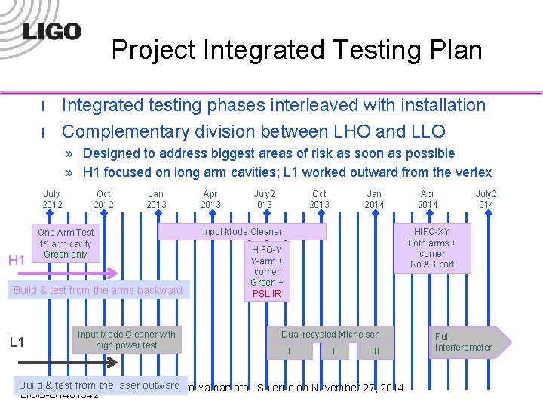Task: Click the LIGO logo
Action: [51, 31]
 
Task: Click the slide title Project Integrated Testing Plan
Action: [296, 50]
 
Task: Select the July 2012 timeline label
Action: [52, 199]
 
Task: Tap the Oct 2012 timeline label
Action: [104, 199]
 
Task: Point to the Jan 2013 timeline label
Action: [156, 199]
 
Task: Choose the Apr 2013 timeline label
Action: [210, 199]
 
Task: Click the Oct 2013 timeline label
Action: [319, 199]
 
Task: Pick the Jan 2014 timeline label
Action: [374, 199]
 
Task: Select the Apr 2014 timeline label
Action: [428, 199]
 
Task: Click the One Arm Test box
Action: [66, 243]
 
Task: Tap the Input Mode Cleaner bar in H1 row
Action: [242, 232]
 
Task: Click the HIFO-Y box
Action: [266, 271]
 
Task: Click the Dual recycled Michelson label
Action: [330, 335]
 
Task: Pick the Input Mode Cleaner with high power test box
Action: [126, 340]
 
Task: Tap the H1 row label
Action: [17, 261]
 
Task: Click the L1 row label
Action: [17, 342]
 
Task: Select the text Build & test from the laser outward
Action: [100, 385]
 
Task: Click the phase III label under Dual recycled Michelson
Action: [376, 351]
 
